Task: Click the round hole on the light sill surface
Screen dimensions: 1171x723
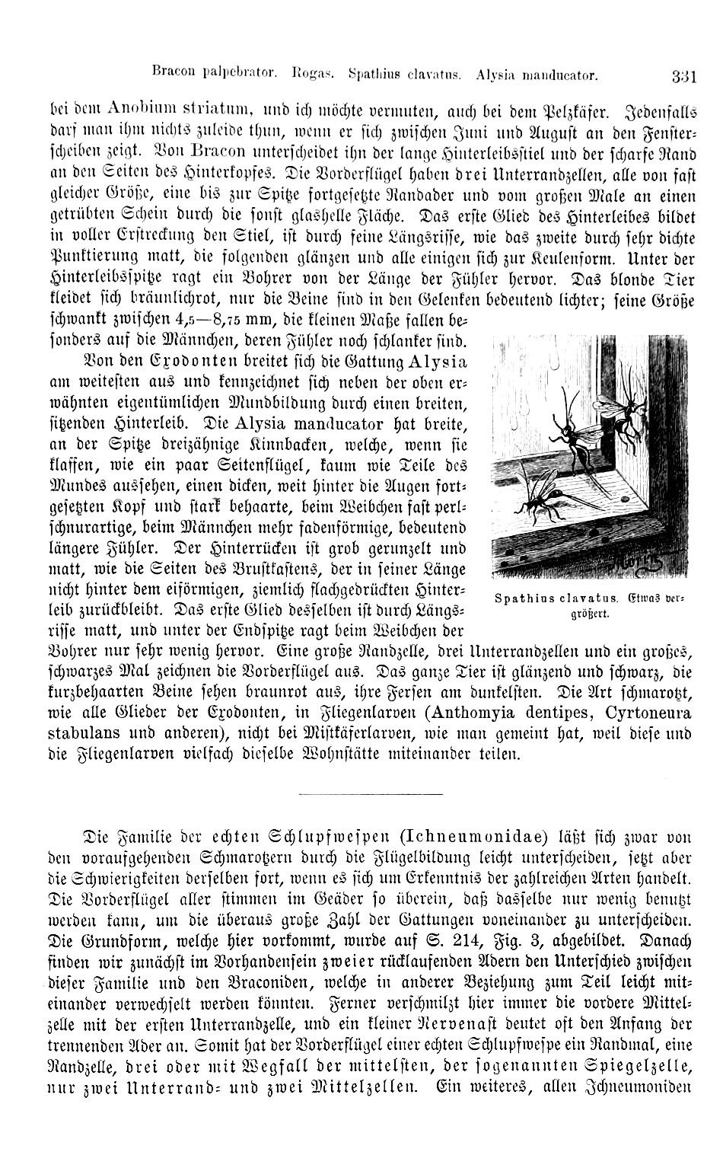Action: (x=626, y=499)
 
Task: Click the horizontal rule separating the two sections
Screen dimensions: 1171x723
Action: (x=370, y=796)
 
